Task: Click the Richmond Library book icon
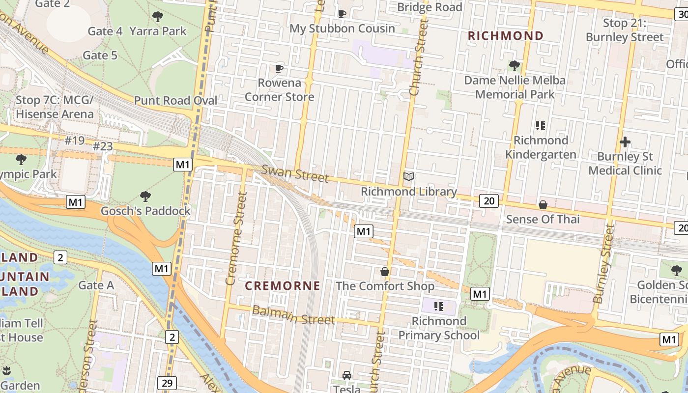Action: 409,176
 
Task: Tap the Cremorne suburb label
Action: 283,286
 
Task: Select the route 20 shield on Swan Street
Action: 489,200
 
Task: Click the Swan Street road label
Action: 295,173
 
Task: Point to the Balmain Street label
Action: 293,315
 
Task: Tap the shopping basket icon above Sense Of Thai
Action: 543,205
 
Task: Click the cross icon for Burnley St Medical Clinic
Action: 625,142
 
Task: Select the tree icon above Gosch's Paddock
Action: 145,196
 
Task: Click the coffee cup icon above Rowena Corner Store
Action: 279,68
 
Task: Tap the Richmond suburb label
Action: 506,36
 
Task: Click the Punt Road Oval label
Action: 175,101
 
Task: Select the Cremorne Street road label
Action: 236,239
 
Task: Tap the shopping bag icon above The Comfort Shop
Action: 385,272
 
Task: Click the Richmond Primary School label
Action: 439,328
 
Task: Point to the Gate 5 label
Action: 100,56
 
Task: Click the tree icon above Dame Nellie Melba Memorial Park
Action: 515,65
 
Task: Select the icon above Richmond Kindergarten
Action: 541,126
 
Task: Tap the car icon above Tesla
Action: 347,375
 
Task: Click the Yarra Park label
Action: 158,31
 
